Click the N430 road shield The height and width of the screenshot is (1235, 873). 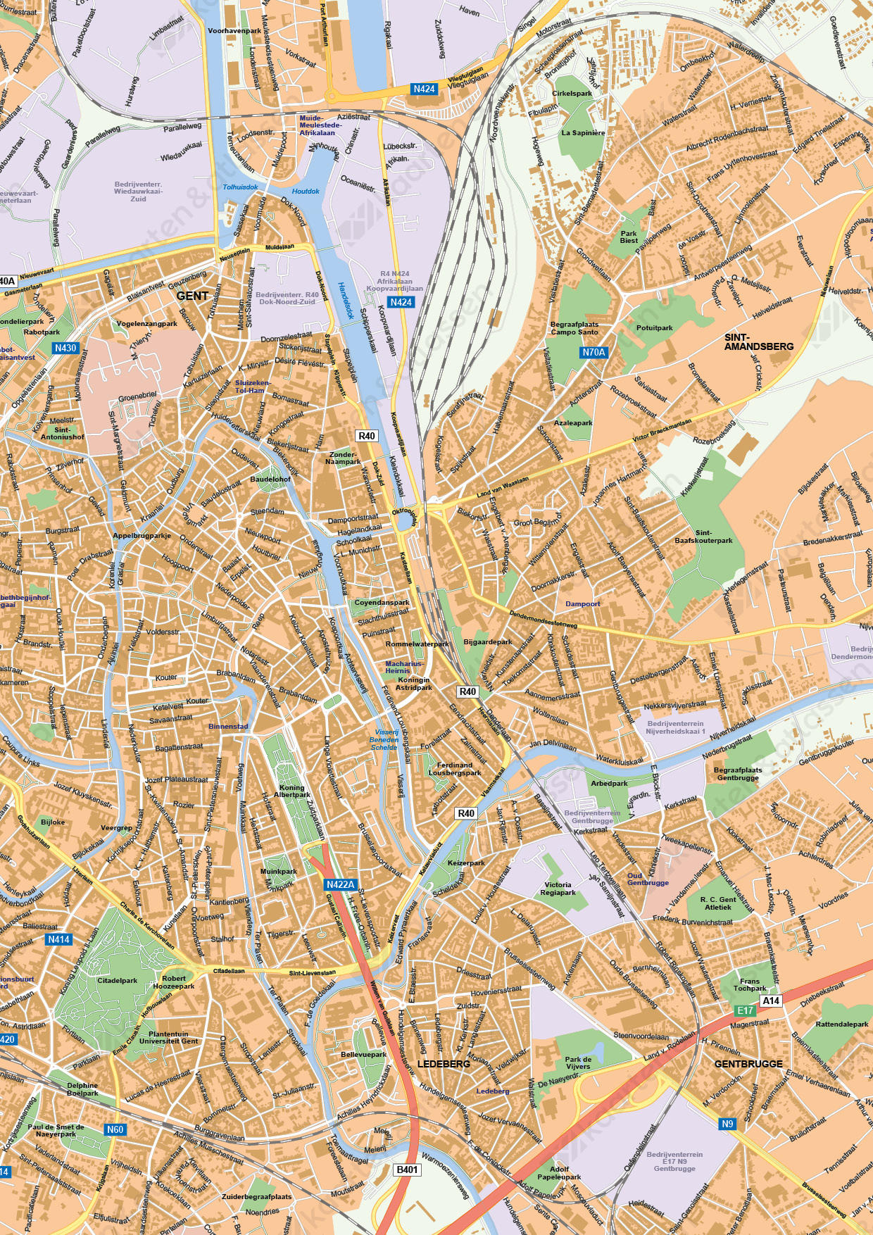(65, 348)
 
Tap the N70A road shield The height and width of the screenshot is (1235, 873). (593, 352)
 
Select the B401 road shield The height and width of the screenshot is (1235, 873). (407, 1170)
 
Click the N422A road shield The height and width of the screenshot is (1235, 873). (341, 884)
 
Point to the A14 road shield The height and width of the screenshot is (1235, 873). (771, 1001)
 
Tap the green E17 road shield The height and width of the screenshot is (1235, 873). (745, 1010)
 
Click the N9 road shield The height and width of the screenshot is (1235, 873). (727, 1124)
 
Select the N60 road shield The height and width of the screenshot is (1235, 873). (115, 1129)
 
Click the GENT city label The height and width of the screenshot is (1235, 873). (192, 296)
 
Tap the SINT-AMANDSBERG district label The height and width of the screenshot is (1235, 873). (758, 342)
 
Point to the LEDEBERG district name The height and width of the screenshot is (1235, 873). (444, 1064)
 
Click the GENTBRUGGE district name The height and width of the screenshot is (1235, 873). (748, 1064)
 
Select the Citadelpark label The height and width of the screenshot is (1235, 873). (118, 980)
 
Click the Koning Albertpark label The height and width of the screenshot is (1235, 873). (291, 791)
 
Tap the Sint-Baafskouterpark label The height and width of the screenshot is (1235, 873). (703, 537)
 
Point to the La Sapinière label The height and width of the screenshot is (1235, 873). (583, 132)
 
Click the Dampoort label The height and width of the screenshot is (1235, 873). (583, 603)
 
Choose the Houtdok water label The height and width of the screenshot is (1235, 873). (306, 191)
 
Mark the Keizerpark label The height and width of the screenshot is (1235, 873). (466, 863)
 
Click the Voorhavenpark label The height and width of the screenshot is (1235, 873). (234, 30)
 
